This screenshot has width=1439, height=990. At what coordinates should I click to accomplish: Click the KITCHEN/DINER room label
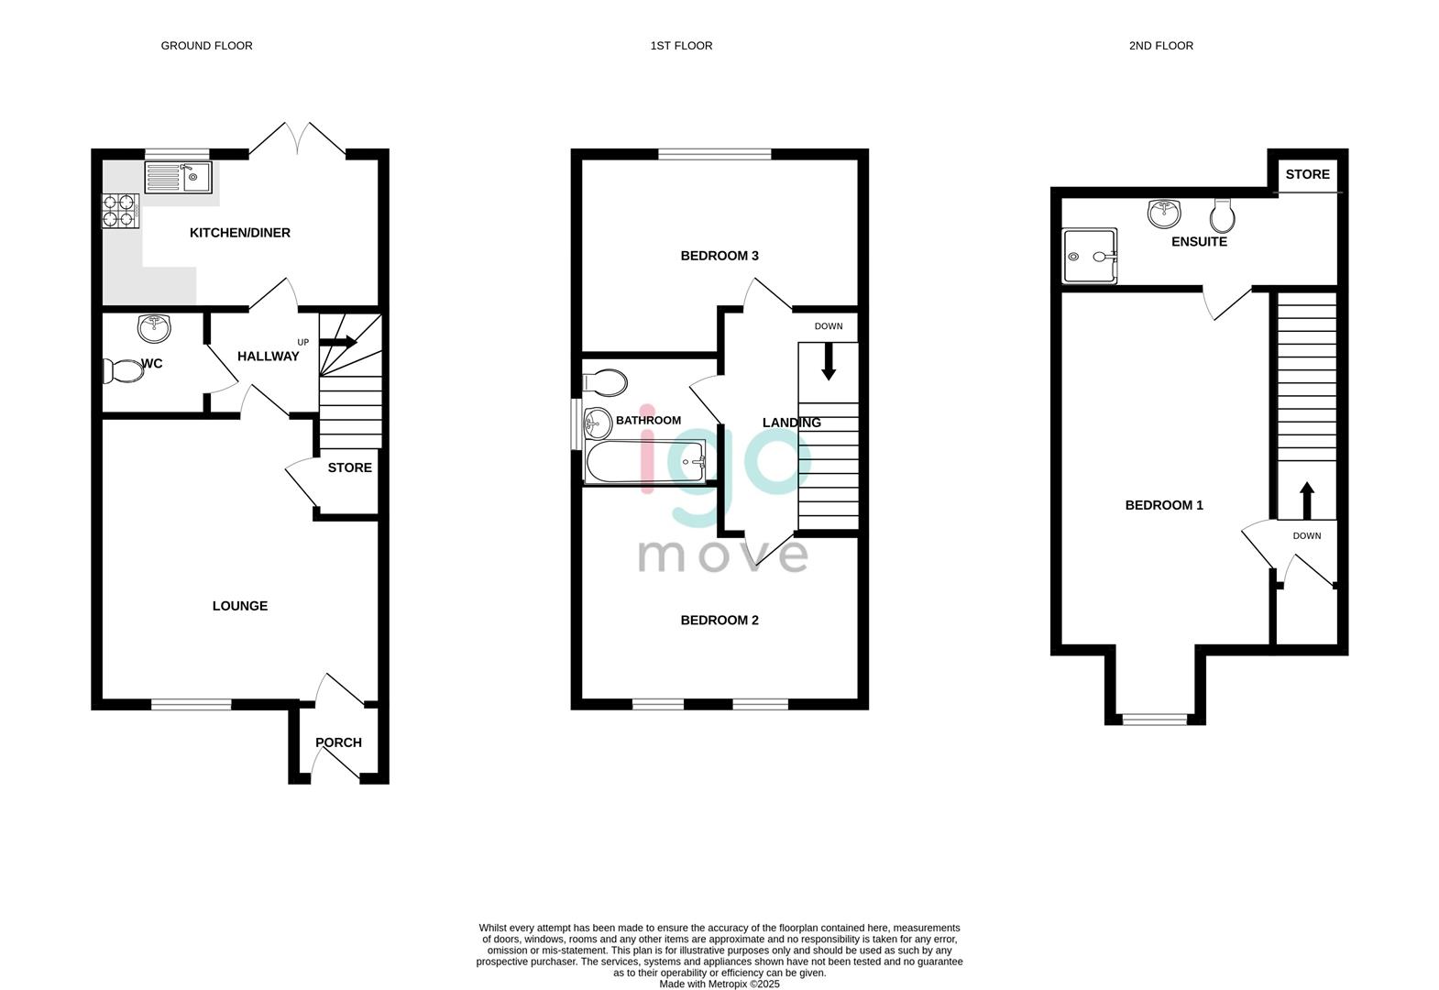[x=239, y=233]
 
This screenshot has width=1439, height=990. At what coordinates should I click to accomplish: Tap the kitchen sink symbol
[x=178, y=177]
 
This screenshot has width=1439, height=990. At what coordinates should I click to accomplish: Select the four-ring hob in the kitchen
[x=120, y=211]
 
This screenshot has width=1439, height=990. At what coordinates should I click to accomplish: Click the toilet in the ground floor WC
[x=123, y=371]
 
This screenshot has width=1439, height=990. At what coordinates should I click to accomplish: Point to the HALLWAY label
[x=268, y=357]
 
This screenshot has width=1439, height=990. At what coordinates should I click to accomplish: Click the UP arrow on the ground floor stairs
[x=338, y=342]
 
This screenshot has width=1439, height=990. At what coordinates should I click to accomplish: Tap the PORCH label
[x=338, y=742]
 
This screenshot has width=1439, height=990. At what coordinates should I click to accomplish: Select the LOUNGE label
[x=239, y=606]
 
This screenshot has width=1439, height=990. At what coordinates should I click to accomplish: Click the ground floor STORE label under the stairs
[x=349, y=467]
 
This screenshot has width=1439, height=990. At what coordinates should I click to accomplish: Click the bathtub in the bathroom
[x=645, y=462]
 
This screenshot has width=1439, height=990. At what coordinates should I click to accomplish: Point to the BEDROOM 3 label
[x=719, y=256]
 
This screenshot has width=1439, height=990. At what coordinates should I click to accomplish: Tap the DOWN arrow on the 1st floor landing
[x=829, y=361]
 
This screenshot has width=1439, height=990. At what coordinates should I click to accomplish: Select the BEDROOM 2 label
[x=719, y=621]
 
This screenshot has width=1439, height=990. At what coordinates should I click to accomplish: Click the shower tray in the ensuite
[x=1090, y=256]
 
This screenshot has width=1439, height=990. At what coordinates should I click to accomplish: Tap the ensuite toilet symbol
[x=1222, y=216]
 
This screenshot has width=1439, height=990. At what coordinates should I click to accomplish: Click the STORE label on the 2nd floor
[x=1307, y=174]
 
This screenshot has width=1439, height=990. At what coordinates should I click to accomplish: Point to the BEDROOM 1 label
[x=1163, y=505]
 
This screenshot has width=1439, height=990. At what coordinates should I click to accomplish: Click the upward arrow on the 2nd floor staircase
[x=1306, y=500]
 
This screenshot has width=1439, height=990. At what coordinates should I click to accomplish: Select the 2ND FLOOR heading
[x=1160, y=46]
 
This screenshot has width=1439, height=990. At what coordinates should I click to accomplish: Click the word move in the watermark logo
[x=722, y=555]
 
